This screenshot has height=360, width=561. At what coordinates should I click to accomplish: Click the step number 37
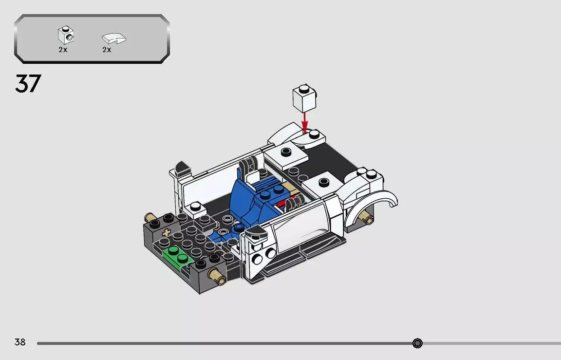(28, 84)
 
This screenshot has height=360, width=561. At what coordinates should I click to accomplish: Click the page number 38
(20, 342)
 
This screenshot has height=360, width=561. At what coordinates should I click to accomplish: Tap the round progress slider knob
(417, 343)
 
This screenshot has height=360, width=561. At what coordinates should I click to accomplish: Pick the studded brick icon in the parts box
(66, 35)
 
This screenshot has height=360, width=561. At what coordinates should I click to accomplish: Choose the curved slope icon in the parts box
(114, 38)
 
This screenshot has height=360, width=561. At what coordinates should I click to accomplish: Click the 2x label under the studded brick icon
(63, 50)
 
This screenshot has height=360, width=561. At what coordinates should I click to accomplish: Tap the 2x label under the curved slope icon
(107, 50)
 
